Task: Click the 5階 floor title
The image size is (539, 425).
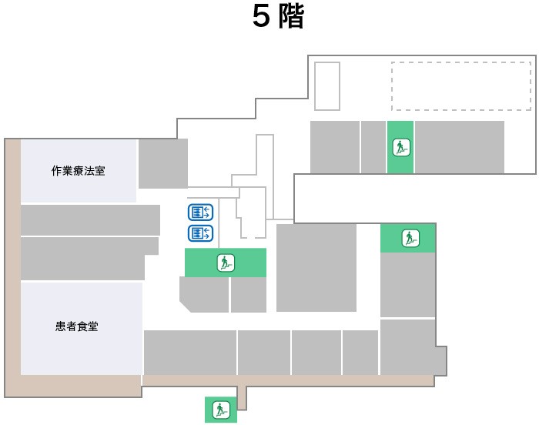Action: tap(278, 18)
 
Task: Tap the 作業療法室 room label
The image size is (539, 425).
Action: tap(78, 170)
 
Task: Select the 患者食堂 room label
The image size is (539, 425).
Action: tap(78, 326)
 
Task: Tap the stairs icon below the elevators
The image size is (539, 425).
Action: tap(226, 263)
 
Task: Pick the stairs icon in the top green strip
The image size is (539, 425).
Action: tap(400, 146)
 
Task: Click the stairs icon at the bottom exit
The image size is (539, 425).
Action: tap(220, 409)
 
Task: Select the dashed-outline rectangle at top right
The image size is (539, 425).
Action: tap(460, 86)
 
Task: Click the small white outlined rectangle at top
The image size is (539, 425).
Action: tap(327, 86)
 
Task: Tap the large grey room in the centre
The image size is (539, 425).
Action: tap(316, 267)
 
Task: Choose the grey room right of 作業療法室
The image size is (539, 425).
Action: tap(162, 163)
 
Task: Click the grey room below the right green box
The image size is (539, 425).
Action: tap(407, 284)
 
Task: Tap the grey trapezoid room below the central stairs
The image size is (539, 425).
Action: tap(205, 295)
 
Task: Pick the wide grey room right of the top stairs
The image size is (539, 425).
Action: tap(459, 146)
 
